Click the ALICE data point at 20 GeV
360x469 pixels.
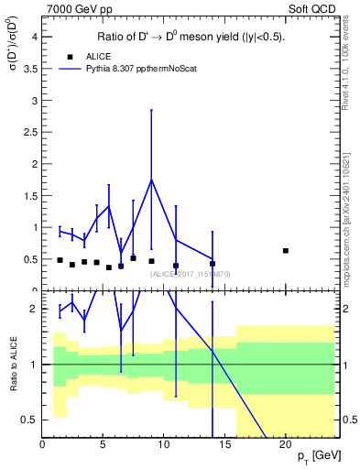pos(286,251)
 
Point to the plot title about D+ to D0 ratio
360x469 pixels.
pos(191,38)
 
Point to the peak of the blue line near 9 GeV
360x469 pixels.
pos(152,180)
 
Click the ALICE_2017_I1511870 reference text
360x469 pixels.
pos(191,273)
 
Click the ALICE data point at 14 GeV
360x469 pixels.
pos(213,264)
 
